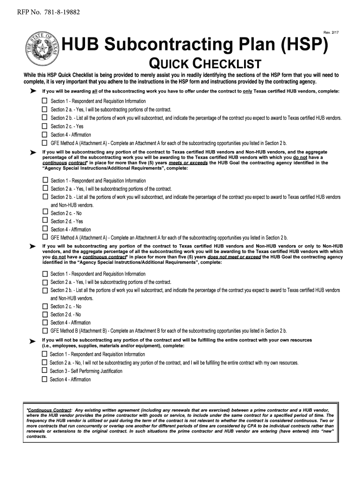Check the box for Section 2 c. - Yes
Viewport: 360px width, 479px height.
click(x=45, y=126)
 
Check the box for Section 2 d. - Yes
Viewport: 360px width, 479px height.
click(x=45, y=221)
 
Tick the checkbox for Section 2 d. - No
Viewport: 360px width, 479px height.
click(x=45, y=314)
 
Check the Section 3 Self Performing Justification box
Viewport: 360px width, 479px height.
click(x=45, y=371)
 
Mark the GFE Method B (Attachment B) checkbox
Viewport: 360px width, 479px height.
click(x=45, y=331)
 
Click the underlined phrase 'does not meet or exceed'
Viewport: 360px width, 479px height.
click(x=234, y=257)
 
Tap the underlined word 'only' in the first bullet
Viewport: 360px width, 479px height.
click(x=247, y=91)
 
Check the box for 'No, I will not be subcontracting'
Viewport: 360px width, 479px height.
click(x=45, y=363)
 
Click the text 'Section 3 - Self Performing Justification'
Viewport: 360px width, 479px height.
click(x=86, y=371)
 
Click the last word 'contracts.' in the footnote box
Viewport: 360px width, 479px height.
click(x=37, y=436)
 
